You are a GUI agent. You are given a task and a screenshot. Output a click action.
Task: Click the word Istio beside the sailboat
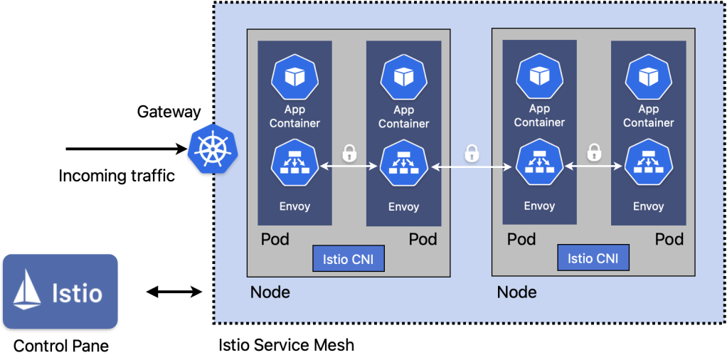[x=78, y=292]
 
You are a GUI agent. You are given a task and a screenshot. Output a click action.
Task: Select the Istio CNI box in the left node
[x=349, y=258]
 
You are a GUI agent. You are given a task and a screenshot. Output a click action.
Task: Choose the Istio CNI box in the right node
[x=593, y=258]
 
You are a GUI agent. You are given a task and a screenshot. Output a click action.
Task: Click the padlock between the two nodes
[x=472, y=152]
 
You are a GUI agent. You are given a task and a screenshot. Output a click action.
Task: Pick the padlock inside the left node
[x=349, y=152]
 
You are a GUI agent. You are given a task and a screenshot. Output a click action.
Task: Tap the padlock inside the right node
[x=594, y=152]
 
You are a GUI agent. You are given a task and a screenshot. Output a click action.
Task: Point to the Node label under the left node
[x=270, y=292]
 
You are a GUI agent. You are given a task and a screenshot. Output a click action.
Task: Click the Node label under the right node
[x=516, y=292]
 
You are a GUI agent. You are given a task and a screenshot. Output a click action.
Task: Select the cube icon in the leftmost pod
[x=294, y=75]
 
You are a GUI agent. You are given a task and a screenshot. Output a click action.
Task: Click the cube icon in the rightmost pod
[x=648, y=75]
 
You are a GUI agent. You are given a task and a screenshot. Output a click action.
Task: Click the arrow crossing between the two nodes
[x=472, y=167]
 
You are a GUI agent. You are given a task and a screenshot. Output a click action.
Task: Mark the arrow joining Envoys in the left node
[x=349, y=167]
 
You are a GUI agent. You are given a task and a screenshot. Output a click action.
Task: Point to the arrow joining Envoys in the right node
[x=594, y=167]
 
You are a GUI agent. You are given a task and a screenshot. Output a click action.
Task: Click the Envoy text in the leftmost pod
[x=294, y=207]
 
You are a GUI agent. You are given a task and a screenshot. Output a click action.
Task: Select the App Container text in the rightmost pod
[x=648, y=116]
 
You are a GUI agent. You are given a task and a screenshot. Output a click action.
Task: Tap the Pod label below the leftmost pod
[x=275, y=239]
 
